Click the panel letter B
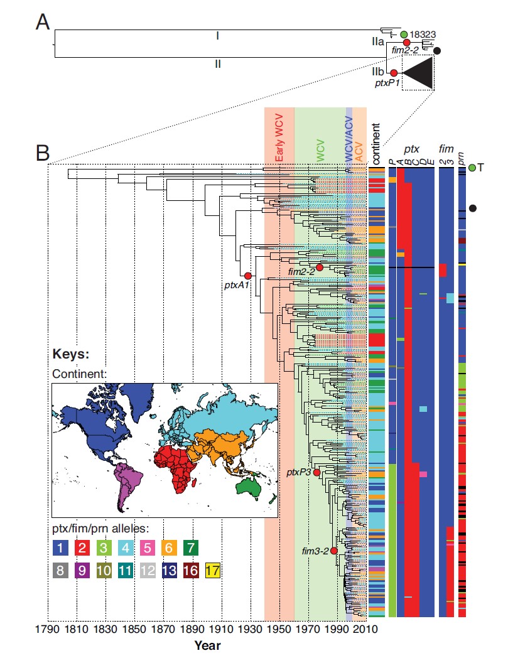point(43,153)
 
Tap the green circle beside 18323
point(404,33)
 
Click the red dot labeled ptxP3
point(316,472)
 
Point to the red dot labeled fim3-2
point(334,551)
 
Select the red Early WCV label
point(279,142)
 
